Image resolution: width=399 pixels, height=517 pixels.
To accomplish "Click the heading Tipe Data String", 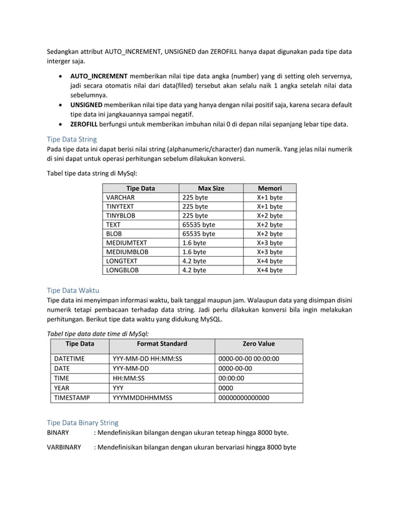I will [x=72, y=140].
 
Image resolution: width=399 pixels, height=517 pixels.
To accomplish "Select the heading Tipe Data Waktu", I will [x=73, y=290].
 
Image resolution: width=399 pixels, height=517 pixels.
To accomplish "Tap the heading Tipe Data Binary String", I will [x=83, y=423].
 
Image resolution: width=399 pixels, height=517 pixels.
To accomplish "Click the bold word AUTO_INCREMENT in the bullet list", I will [x=99, y=76].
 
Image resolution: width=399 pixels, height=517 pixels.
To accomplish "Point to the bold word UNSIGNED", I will [x=90, y=105].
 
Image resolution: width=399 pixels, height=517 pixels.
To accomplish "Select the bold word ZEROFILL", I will [x=88, y=124].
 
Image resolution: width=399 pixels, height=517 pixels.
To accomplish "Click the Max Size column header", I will [x=211, y=188].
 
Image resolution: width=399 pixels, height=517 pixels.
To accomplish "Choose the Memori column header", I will [x=270, y=188].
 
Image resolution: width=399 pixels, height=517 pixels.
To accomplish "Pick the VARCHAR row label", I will [x=120, y=197].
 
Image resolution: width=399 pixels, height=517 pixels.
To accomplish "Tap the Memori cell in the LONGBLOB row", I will [x=270, y=270].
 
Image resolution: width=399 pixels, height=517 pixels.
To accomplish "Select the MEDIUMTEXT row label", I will [x=126, y=243].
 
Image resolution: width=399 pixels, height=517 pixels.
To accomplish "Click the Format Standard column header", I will [x=161, y=344].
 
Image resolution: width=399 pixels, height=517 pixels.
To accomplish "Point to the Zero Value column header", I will [x=258, y=344].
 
